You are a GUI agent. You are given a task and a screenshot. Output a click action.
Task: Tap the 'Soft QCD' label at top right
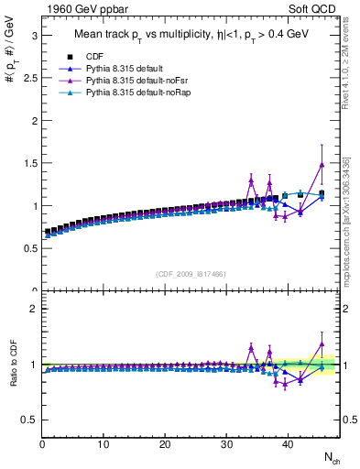315,9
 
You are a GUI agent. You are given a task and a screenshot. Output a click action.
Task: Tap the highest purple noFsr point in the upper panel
322,165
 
